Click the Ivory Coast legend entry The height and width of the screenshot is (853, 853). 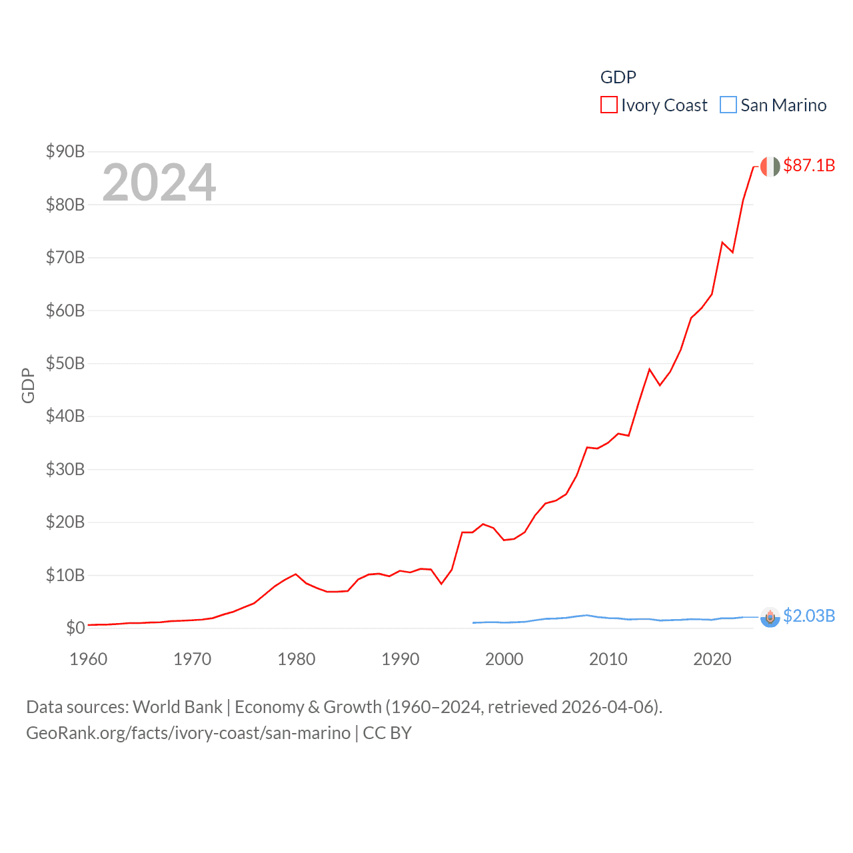click(x=654, y=105)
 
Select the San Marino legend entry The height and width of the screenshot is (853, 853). click(x=774, y=105)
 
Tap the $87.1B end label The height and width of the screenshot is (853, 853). click(x=809, y=165)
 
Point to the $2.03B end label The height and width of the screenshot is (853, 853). click(x=809, y=616)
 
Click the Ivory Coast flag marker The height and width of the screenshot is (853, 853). click(x=770, y=167)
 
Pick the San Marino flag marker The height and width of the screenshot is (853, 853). click(x=770, y=618)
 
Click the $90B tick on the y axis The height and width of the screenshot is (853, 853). click(x=65, y=151)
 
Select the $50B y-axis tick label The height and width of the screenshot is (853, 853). click(x=65, y=363)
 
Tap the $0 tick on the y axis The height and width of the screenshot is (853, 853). click(x=75, y=628)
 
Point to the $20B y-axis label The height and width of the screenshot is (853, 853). click(x=65, y=522)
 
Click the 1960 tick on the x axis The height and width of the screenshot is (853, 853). click(x=89, y=659)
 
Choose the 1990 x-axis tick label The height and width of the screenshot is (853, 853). click(x=401, y=659)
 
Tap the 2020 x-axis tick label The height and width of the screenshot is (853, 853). click(x=712, y=659)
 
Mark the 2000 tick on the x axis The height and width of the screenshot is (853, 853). click(x=504, y=659)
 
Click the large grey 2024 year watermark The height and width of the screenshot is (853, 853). click(x=159, y=182)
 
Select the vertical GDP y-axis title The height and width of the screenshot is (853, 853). click(x=28, y=385)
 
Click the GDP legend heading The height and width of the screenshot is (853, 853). click(x=618, y=77)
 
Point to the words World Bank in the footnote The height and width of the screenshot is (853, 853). click(x=178, y=706)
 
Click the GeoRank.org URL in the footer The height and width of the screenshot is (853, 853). click(x=188, y=733)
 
